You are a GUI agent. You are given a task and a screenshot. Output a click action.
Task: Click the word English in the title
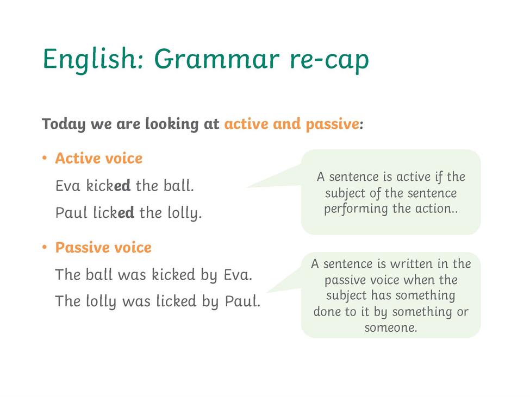click(x=90, y=59)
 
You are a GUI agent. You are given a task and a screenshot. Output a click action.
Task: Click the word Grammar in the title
click(x=217, y=59)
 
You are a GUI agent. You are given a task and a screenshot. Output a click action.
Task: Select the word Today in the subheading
click(x=64, y=124)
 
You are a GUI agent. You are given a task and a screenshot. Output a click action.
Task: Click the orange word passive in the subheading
click(x=332, y=124)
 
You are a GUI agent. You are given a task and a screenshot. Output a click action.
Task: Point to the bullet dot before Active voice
click(x=44, y=158)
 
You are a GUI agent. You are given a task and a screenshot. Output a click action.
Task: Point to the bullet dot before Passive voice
click(x=44, y=247)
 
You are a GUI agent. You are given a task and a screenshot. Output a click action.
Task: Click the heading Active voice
click(x=99, y=158)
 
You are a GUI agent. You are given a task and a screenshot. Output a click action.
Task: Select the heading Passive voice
click(x=103, y=248)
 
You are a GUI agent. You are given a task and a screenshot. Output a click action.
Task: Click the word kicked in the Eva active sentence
click(x=108, y=185)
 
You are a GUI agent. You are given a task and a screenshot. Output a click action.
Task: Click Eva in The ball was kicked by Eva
click(x=238, y=274)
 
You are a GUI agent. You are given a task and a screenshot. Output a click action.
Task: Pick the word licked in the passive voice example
click(x=176, y=301)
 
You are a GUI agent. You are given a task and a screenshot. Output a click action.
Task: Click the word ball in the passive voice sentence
click(x=99, y=274)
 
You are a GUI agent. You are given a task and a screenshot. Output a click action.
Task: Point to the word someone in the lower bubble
click(x=391, y=327)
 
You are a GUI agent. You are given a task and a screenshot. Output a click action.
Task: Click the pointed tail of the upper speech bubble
click(x=247, y=187)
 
